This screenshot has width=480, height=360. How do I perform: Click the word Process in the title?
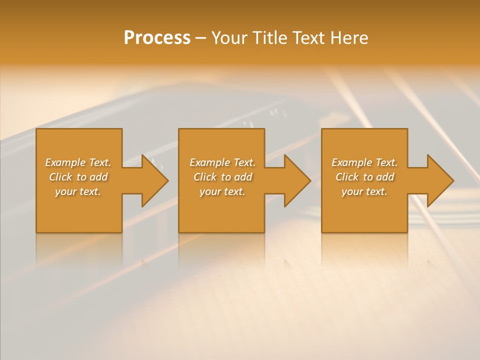pos(157,38)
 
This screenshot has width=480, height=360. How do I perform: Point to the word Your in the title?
pos(230,38)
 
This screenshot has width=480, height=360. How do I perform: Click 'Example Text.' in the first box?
pos(78,162)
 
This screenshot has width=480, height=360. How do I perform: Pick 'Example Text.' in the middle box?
pos(222,162)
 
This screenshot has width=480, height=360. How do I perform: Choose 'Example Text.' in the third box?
pos(364,162)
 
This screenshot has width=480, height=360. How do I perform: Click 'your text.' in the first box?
pos(78,191)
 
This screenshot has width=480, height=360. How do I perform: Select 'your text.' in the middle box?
pos(222,191)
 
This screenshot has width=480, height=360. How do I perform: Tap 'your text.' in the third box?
pos(364,191)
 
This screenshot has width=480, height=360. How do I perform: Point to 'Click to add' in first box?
pos(78,177)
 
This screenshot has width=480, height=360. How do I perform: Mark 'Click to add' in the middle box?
pos(222,177)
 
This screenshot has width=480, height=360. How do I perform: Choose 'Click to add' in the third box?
pos(364,177)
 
